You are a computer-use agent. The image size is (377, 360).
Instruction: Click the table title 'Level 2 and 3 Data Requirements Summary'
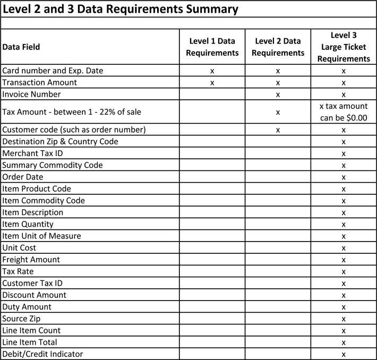click(121, 9)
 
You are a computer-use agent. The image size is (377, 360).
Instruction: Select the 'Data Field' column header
click(21, 47)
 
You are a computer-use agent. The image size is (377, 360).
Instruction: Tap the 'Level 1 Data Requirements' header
click(212, 47)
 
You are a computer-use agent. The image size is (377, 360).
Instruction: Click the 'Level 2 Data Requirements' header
click(278, 47)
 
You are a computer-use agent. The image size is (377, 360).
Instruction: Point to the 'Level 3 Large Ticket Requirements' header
click(343, 47)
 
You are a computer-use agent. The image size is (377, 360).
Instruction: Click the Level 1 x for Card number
click(212, 71)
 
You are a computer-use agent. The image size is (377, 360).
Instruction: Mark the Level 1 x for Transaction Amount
click(212, 82)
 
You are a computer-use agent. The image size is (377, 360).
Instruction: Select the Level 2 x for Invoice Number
click(278, 95)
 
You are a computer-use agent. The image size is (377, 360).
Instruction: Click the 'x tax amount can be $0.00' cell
click(343, 112)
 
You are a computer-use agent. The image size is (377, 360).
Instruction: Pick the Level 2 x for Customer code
click(278, 130)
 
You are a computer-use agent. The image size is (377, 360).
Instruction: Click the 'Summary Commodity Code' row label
click(53, 165)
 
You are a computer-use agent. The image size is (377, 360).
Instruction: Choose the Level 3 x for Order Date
click(344, 177)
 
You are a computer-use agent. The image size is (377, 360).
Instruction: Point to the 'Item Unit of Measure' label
click(42, 236)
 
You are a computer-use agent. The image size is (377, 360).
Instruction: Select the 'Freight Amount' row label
click(31, 259)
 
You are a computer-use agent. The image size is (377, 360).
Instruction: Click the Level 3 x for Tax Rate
click(344, 271)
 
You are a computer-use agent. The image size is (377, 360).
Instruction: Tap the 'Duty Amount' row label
click(27, 306)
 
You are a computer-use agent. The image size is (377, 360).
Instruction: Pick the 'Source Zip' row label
click(21, 319)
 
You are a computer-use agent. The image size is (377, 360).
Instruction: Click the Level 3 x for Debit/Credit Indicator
click(344, 354)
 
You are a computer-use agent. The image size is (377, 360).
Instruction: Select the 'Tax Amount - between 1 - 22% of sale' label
click(72, 112)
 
